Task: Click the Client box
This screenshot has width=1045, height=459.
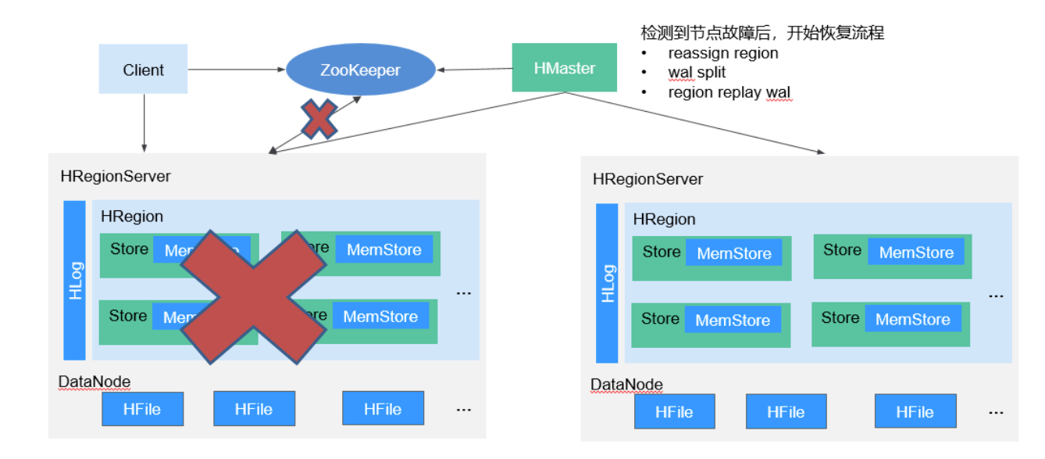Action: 143,70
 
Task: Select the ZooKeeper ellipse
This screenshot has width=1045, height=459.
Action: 360,70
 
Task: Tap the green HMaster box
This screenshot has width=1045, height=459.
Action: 564,69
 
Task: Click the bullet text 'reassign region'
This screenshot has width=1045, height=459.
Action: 722,53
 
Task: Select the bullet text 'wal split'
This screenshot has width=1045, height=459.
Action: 697,73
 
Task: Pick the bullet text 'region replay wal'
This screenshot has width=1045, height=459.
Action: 729,92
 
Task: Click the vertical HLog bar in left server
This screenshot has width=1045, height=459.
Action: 75,280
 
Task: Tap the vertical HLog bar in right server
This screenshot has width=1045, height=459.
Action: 607,283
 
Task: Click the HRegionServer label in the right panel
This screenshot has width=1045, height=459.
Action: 647,179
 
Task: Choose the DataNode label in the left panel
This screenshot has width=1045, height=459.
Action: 94,382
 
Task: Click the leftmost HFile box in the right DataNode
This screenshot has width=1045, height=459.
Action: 674,412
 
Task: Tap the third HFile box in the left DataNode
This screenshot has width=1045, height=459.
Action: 383,409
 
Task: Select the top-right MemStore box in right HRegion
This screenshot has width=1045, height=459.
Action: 916,253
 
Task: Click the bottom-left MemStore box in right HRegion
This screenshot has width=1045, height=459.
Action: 732,320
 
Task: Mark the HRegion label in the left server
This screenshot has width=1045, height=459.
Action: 132,217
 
